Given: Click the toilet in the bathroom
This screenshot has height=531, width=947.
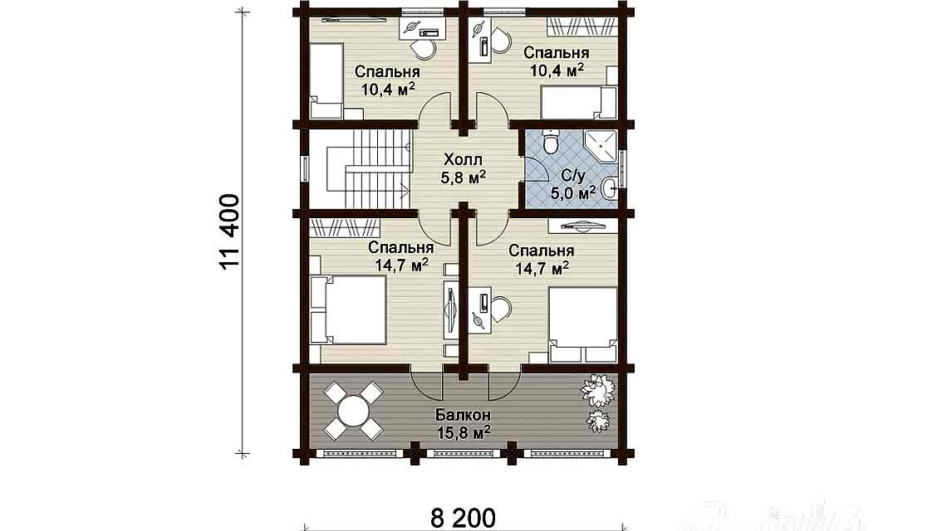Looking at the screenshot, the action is pyautogui.click(x=550, y=140).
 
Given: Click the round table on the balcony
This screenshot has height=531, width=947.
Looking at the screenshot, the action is pyautogui.click(x=353, y=412).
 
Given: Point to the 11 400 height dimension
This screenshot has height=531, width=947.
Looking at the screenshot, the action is pyautogui.click(x=230, y=231).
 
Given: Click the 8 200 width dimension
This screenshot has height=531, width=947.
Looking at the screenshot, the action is pyautogui.click(x=464, y=518).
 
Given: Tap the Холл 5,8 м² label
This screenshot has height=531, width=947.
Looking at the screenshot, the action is pyautogui.click(x=464, y=168).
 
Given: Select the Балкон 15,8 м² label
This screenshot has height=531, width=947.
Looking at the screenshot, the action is pyautogui.click(x=463, y=424).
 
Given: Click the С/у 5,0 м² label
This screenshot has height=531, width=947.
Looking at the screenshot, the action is pyautogui.click(x=572, y=185).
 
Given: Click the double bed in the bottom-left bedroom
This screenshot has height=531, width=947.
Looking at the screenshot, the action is pyautogui.click(x=349, y=310).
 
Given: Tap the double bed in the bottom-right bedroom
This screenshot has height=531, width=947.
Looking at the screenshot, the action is pyautogui.click(x=583, y=324).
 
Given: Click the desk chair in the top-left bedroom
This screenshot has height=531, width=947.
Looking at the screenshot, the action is pyautogui.click(x=423, y=50).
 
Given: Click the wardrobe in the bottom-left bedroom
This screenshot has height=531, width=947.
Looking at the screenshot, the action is pyautogui.click(x=345, y=227).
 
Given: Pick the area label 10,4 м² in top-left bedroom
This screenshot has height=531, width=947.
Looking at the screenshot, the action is pyautogui.click(x=388, y=90).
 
